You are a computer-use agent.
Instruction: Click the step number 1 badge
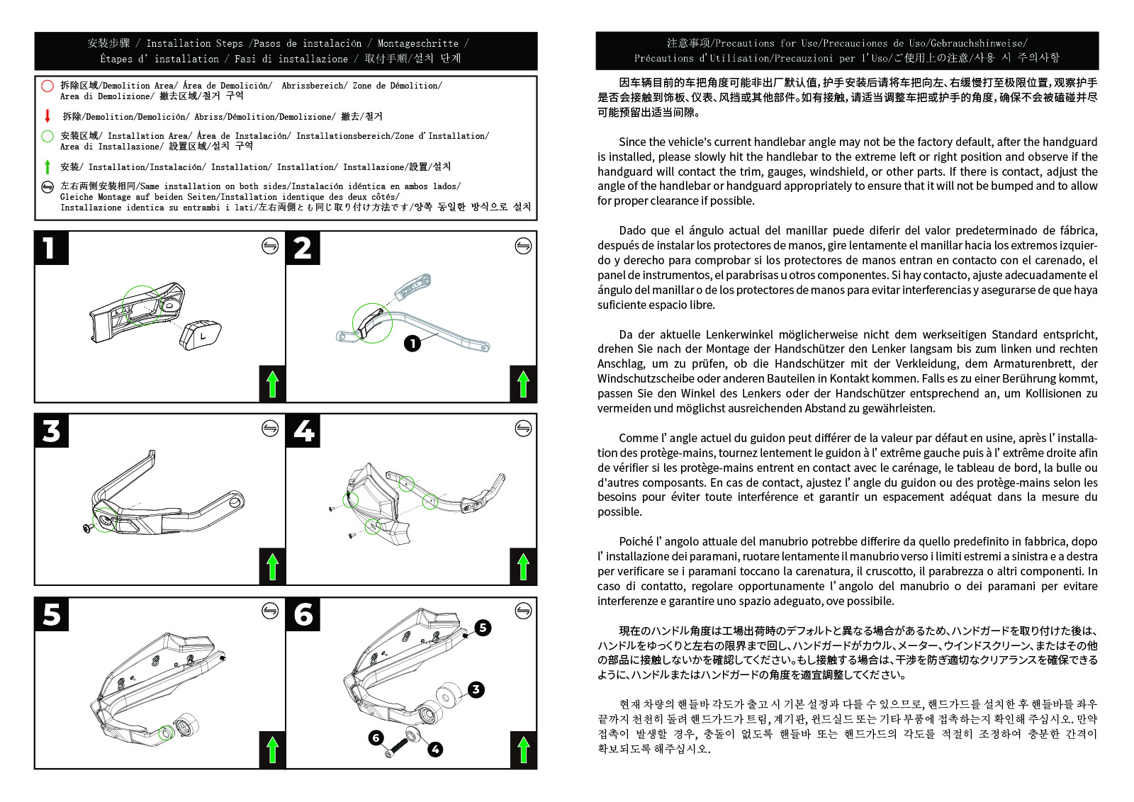[51, 248]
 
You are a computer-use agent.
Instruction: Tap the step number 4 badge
[303, 431]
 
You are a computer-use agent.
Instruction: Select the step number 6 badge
[303, 614]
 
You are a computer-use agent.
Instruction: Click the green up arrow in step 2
[524, 384]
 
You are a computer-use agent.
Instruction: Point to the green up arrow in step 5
[272, 750]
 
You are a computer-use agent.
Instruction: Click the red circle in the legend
[47, 86]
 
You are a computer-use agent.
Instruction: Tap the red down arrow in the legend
[47, 116]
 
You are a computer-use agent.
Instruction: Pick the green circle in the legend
[47, 136]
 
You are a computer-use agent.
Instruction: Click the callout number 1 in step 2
[412, 344]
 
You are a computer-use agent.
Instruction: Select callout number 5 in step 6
[483, 628]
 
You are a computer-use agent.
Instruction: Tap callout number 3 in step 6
[476, 689]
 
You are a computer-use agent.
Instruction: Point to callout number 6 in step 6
[376, 738]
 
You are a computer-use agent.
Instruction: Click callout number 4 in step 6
[435, 750]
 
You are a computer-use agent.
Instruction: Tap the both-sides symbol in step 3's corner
[270, 429]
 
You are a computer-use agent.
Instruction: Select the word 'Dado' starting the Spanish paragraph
[632, 231]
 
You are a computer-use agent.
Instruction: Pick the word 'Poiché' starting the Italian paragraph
[636, 542]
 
